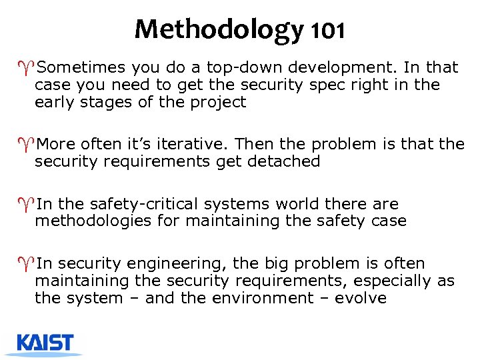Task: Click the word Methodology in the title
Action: [217, 29]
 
